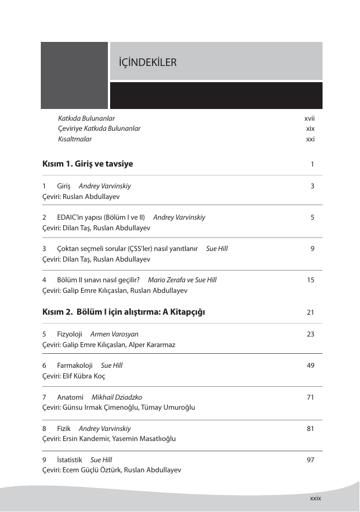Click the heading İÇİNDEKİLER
pos(144,62)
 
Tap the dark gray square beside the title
pos(74,75)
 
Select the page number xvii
pos(309,118)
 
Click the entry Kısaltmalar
pos(75,139)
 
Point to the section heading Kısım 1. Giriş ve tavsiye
pos(87,164)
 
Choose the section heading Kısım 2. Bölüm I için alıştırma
pos(124,311)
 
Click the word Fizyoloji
pos(70,334)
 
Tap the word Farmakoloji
pos(75,366)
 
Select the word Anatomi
pos(70,397)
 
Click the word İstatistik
pos(70,459)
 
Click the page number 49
pos(311,366)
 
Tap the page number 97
pos(311,459)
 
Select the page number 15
pos(311,280)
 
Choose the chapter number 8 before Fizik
pos(44,428)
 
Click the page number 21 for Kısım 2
pos(311,312)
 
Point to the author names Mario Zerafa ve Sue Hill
pos(182,280)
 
